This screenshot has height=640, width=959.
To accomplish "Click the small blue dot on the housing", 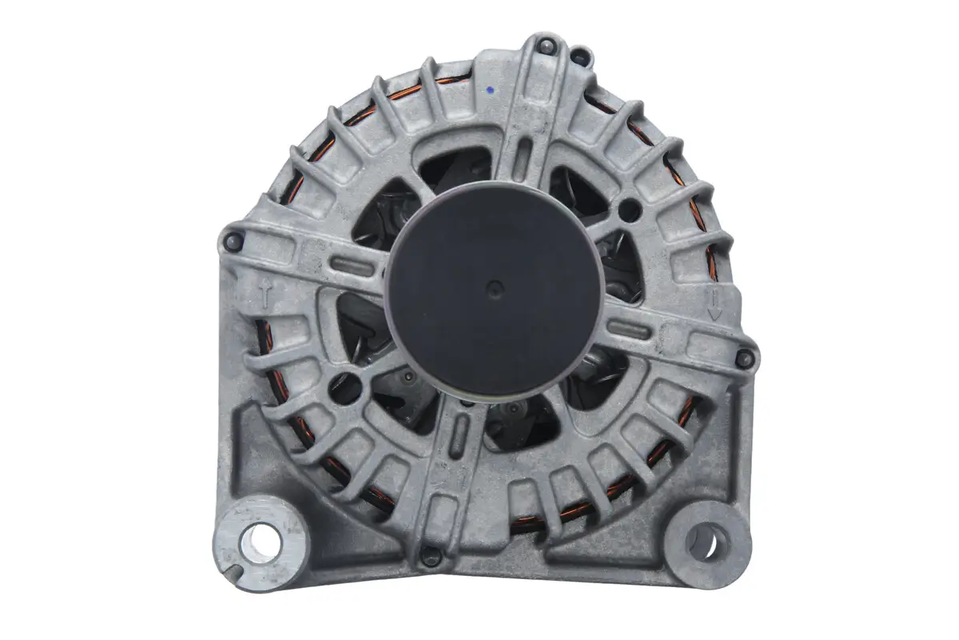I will pyautogui.click(x=488, y=91).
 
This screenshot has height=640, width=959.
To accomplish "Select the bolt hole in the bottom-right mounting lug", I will pyautogui.click(x=702, y=542).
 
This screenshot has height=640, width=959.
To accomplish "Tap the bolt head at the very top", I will pyautogui.click(x=546, y=46).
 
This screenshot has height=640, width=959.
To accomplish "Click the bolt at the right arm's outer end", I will pyautogui.click(x=744, y=358).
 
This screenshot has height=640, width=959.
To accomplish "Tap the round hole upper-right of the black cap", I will pyautogui.click(x=630, y=210).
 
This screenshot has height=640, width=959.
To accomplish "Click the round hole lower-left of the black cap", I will pyautogui.click(x=345, y=387).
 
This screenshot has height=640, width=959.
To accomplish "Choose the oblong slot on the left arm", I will pyautogui.click(x=352, y=265).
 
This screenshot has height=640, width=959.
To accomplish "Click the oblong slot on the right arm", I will pyautogui.click(x=632, y=326).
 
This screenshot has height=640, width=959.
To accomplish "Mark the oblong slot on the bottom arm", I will pyautogui.click(x=461, y=437).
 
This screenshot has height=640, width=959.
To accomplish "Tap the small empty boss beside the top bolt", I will pyautogui.click(x=581, y=57).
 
